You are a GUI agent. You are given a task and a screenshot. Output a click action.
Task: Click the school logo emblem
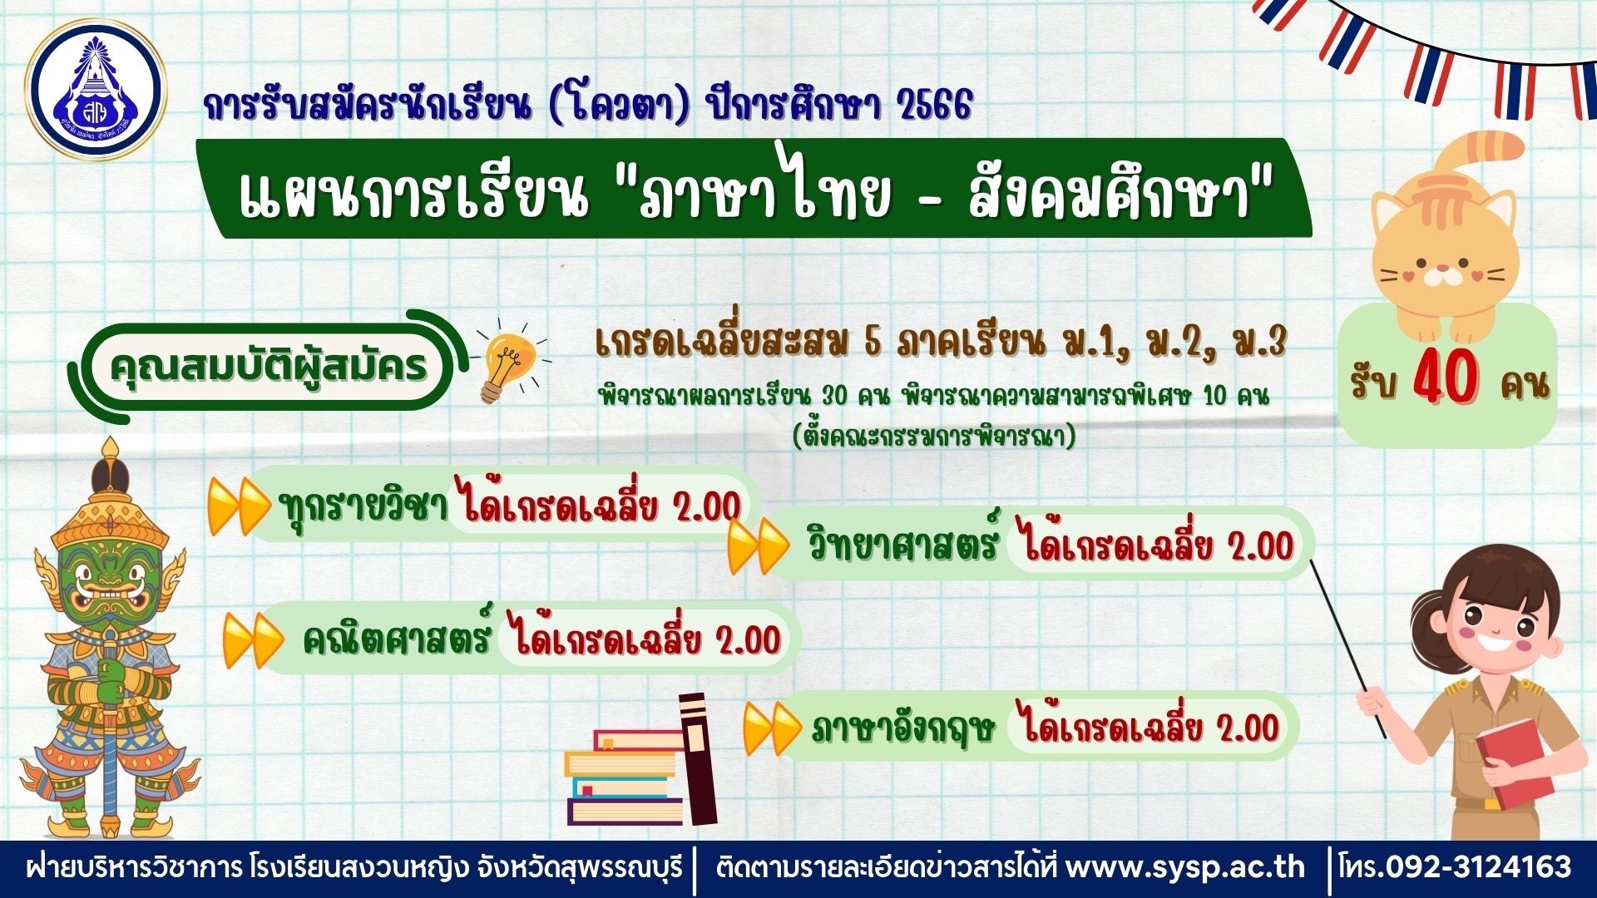point(96,90)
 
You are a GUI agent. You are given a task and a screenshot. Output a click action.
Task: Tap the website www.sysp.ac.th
point(1184,868)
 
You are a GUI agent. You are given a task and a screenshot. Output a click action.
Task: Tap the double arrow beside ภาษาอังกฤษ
point(772,728)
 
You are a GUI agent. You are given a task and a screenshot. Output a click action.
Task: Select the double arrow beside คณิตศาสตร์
point(252,640)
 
